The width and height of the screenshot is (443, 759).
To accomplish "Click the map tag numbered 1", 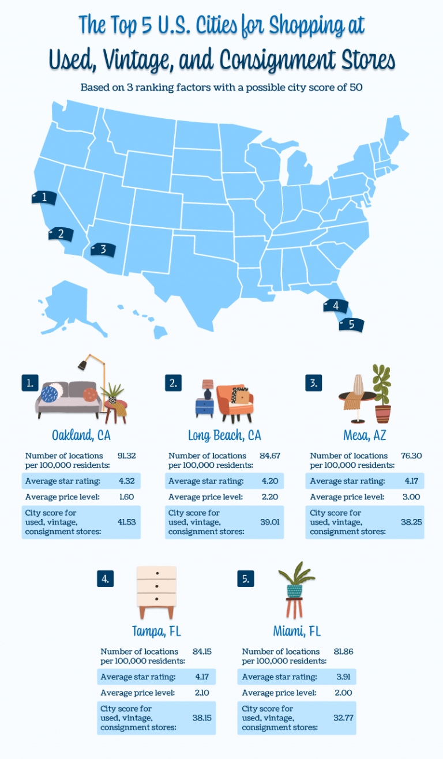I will click(x=44, y=198).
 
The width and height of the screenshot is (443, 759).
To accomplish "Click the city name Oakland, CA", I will click(x=81, y=434).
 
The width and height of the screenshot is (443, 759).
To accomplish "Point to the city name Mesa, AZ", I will click(x=363, y=434).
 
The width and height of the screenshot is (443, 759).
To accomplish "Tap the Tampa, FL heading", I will click(x=156, y=629).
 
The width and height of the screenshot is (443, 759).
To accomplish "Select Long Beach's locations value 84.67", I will click(x=270, y=456).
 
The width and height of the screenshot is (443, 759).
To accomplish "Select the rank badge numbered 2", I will click(x=173, y=383).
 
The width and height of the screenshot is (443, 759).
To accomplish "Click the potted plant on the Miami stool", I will click(x=294, y=580).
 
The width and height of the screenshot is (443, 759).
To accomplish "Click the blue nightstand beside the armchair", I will click(x=204, y=407).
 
